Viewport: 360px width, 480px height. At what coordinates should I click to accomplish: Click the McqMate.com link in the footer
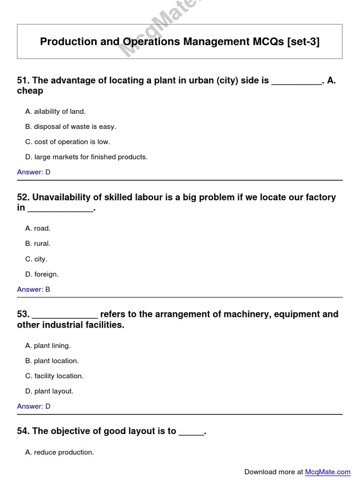coord(327,472)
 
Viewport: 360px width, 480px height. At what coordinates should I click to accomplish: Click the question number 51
coord(22,81)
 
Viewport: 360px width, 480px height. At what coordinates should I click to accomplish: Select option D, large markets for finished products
coord(86,157)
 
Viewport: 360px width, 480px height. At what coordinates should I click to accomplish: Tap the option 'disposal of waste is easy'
coord(70,127)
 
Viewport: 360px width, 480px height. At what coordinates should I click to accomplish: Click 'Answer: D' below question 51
coord(34,172)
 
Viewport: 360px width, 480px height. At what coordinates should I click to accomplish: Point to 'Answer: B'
coord(34,289)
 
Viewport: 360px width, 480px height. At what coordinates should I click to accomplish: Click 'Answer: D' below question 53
coord(34,406)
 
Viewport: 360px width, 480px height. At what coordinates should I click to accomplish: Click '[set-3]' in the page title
coord(303,42)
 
